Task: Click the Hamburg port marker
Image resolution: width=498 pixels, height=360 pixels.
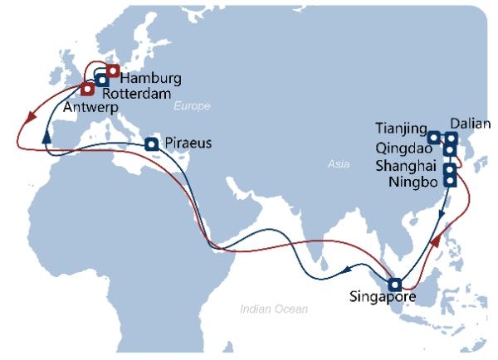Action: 113,71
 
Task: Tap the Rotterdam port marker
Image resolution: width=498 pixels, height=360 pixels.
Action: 101,80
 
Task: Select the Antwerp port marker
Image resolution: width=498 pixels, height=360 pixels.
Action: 87,89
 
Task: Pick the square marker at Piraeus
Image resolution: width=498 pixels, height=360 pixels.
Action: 151,144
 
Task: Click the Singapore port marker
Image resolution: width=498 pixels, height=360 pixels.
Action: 395,283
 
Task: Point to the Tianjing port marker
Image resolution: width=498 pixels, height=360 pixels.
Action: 434,137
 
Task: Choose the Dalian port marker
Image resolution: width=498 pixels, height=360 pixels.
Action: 451,139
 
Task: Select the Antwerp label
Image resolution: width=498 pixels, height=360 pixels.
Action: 88,108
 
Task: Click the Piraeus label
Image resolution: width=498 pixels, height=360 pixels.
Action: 188,143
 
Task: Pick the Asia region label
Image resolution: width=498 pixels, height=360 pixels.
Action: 338,165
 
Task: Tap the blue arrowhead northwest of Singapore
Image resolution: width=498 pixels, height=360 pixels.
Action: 344,270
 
